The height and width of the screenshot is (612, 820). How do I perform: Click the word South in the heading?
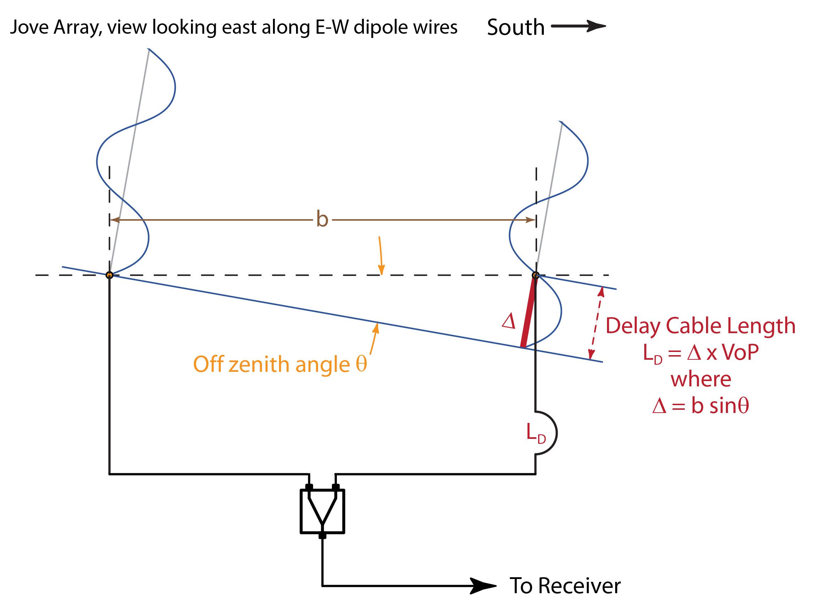tap(516, 27)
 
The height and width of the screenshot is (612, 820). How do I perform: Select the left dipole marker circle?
tap(109, 275)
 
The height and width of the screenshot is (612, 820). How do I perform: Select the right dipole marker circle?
tap(535, 275)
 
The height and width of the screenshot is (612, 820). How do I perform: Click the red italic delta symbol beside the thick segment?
tap(509, 321)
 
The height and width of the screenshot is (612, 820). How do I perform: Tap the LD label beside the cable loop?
tap(536, 433)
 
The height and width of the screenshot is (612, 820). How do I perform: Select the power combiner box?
tap(322, 511)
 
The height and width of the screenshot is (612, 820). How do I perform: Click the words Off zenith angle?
tap(271, 364)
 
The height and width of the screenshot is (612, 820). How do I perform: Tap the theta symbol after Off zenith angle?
tap(361, 364)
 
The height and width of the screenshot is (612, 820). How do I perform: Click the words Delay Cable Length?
tap(700, 326)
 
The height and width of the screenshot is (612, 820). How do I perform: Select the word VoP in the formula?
tap(740, 352)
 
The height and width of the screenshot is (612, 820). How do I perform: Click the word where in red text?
tap(701, 379)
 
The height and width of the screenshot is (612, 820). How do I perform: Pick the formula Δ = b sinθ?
tap(701, 406)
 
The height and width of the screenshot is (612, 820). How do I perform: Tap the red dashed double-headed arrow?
tap(596, 323)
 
